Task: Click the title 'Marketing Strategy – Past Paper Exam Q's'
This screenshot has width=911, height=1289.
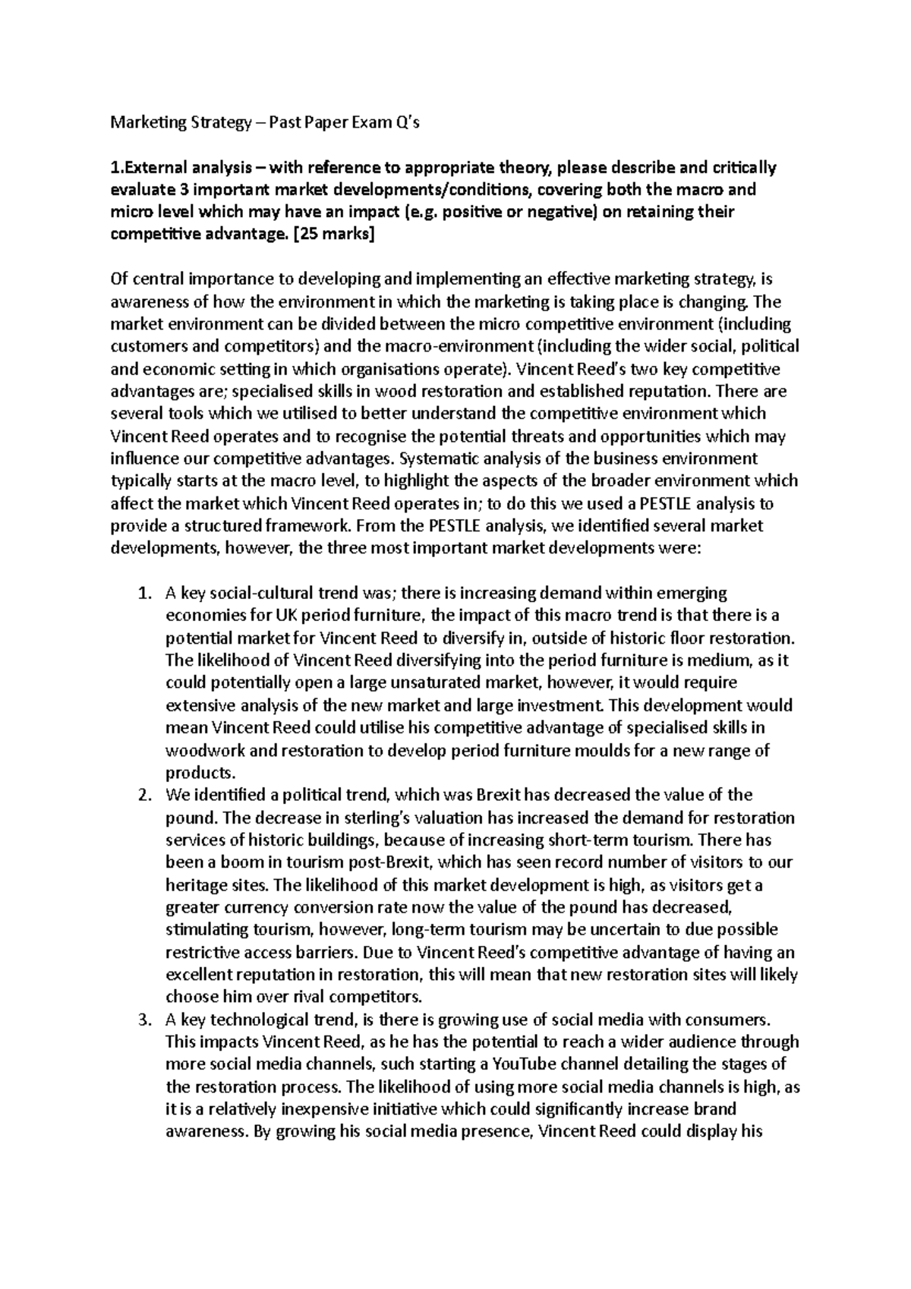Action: [x=265, y=124]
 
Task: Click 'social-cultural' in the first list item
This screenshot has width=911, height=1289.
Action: [x=261, y=593]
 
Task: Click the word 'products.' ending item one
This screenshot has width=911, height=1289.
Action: [x=200, y=774]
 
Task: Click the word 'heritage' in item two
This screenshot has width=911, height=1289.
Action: [x=194, y=886]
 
